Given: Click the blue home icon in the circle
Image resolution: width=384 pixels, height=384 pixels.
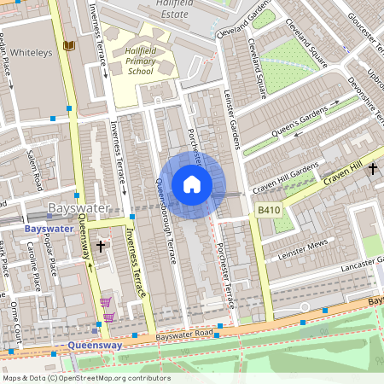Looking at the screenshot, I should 192,184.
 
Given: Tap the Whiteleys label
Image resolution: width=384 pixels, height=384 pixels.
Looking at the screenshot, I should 32,51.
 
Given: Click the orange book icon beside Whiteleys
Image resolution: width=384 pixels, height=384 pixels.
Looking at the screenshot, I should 68,44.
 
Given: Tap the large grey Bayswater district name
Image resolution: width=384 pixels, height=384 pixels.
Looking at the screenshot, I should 79,208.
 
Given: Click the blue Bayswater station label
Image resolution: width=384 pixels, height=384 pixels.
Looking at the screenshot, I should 49,230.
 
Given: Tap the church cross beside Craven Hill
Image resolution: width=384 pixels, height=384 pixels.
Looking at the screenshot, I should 372,170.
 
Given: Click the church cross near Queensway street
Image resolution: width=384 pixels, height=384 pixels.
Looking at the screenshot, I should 101,246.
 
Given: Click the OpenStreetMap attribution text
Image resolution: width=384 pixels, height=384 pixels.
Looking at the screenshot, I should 86,377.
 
